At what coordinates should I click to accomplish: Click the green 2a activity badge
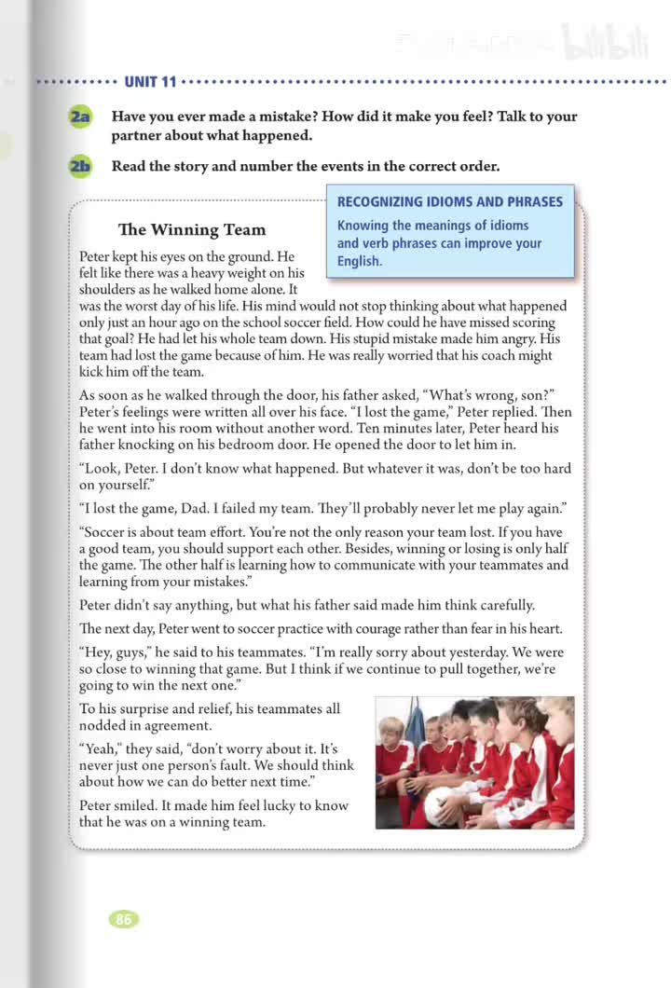pyautogui.click(x=80, y=117)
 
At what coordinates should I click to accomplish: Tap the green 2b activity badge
pyautogui.click(x=80, y=167)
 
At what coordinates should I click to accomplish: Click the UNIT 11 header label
pyautogui.click(x=150, y=82)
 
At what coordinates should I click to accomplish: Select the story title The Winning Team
pyautogui.click(x=192, y=229)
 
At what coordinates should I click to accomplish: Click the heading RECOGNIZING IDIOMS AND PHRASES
pyautogui.click(x=450, y=201)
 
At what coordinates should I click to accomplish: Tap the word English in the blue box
pyautogui.click(x=360, y=261)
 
